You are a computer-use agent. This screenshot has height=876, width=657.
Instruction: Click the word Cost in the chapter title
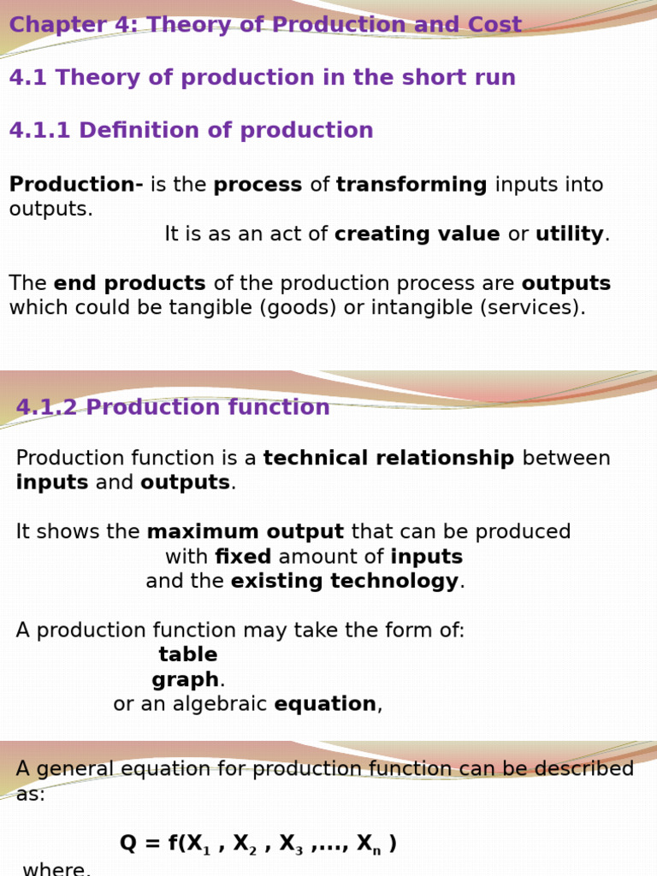(x=494, y=25)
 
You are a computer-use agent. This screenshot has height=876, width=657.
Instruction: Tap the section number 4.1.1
(x=40, y=131)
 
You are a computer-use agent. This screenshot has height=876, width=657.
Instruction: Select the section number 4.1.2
(x=48, y=408)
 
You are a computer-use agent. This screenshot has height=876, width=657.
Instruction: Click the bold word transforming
(x=411, y=185)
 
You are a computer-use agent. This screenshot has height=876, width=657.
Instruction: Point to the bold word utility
(x=570, y=234)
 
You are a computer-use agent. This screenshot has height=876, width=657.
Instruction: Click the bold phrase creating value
(x=417, y=234)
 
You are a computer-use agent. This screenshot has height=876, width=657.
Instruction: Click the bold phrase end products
(x=129, y=284)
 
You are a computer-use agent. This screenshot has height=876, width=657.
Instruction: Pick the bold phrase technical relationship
(x=388, y=459)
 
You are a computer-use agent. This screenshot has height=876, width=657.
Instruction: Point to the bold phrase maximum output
(x=246, y=532)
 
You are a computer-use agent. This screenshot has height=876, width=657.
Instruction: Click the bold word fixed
(x=243, y=557)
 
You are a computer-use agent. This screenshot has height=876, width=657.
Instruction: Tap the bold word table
(x=188, y=655)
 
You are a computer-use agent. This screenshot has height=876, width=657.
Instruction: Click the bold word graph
(x=186, y=680)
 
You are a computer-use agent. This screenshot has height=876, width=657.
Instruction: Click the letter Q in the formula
(x=128, y=843)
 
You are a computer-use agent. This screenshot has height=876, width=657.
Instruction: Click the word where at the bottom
(x=55, y=869)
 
